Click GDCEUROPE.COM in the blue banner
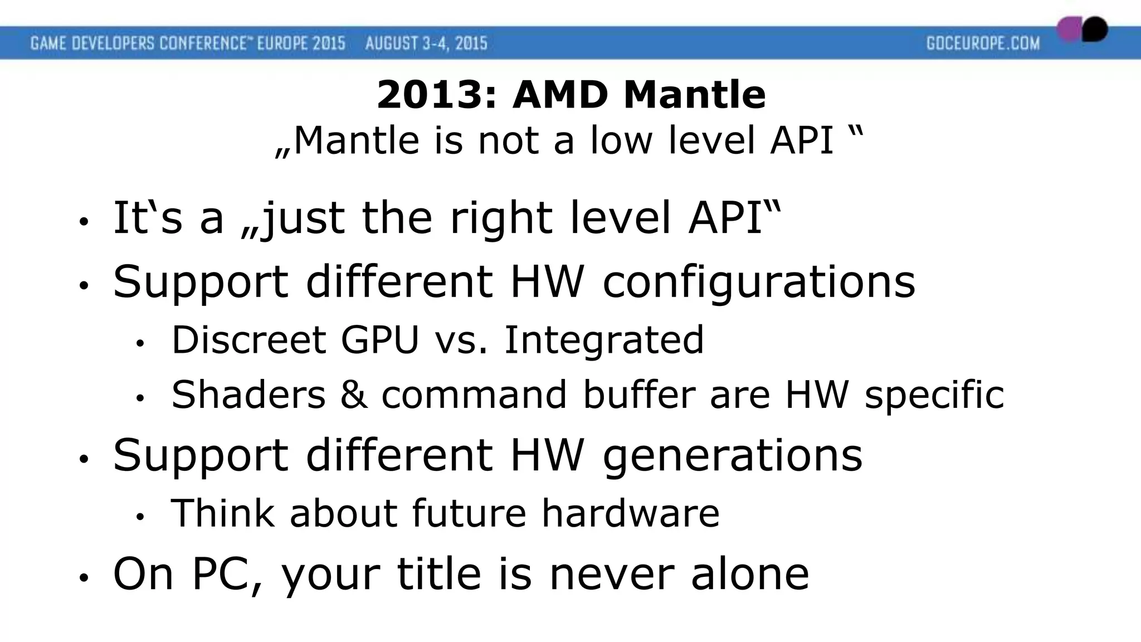(983, 43)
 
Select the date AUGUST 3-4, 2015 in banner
(426, 43)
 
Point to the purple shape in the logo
(1069, 30)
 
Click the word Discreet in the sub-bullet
(248, 339)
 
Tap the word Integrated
(604, 339)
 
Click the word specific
(934, 395)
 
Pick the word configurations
(759, 281)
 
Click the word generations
(733, 455)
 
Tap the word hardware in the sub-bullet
(631, 513)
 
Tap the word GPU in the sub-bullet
(379, 339)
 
